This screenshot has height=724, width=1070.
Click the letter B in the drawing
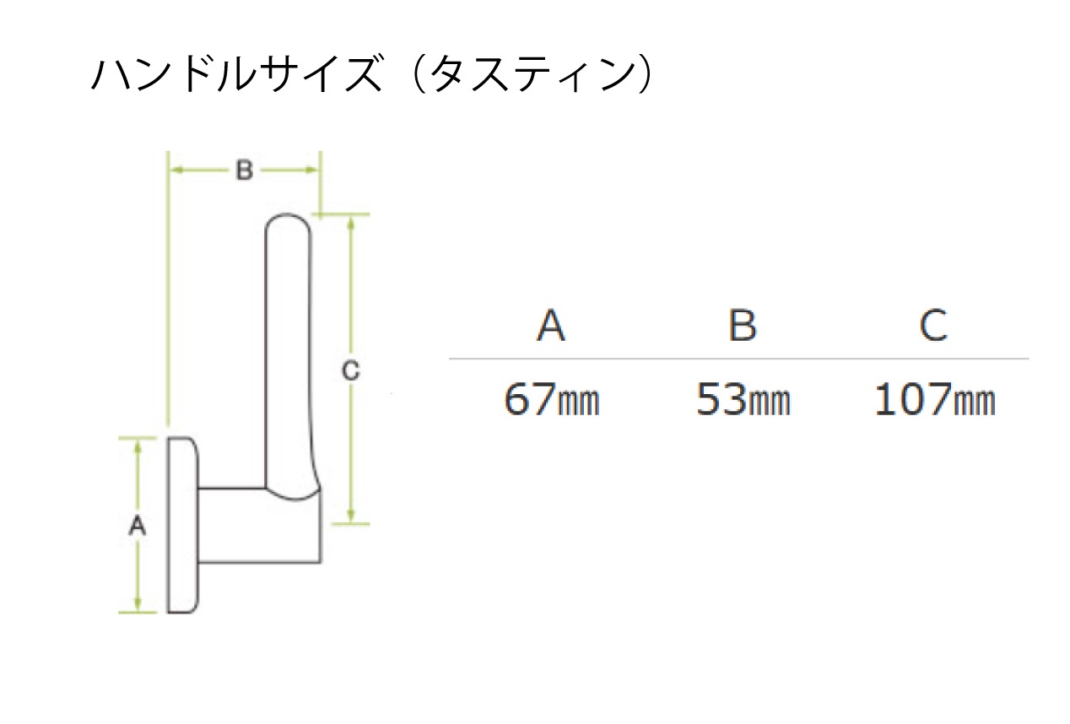pos(245,170)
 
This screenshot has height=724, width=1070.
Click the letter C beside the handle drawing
pos(350,370)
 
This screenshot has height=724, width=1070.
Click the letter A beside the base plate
pos(138,526)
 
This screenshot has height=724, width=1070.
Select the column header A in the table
pos(551,325)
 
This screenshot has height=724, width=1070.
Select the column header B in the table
pos(743,325)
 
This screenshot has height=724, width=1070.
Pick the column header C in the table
pos(933,325)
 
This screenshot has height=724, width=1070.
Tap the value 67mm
pos(551,399)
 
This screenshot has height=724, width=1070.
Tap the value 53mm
pos(743,399)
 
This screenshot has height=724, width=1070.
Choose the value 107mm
pos(935,399)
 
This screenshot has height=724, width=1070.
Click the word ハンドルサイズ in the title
pos(237,73)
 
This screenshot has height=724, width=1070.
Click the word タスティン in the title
pos(533,73)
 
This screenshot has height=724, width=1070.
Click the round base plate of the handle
pos(182,525)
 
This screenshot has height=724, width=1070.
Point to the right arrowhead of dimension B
pos(311,170)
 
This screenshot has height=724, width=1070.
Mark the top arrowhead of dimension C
pos(351,223)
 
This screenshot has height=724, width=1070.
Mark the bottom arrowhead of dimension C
pos(351,516)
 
